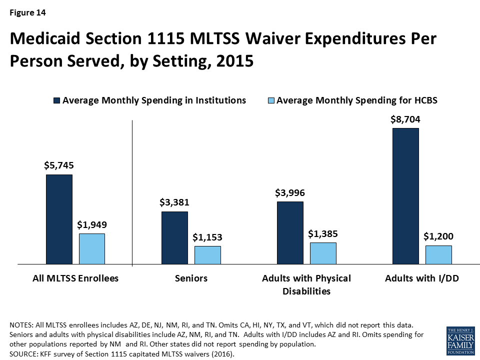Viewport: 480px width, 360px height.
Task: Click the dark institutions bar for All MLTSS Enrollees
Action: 59,219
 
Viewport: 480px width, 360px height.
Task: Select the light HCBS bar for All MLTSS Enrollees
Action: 92,248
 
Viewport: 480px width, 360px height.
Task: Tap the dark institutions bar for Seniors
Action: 174,237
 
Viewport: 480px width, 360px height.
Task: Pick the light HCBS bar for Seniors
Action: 207,254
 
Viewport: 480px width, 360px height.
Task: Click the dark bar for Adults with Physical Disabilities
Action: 290,232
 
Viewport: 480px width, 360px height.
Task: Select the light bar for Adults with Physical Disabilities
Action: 323,253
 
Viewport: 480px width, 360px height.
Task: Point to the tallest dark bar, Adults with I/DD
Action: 405,195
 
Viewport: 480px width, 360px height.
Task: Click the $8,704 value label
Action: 405,119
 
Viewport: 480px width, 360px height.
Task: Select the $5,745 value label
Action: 59,165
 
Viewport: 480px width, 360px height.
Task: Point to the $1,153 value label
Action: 207,237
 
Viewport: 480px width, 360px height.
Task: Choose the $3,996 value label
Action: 290,192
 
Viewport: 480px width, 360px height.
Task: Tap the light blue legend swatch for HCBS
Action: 270,100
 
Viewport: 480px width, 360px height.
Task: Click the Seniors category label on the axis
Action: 191,278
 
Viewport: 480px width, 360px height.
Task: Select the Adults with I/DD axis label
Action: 422,278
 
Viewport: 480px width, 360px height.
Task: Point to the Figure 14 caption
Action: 27,13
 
